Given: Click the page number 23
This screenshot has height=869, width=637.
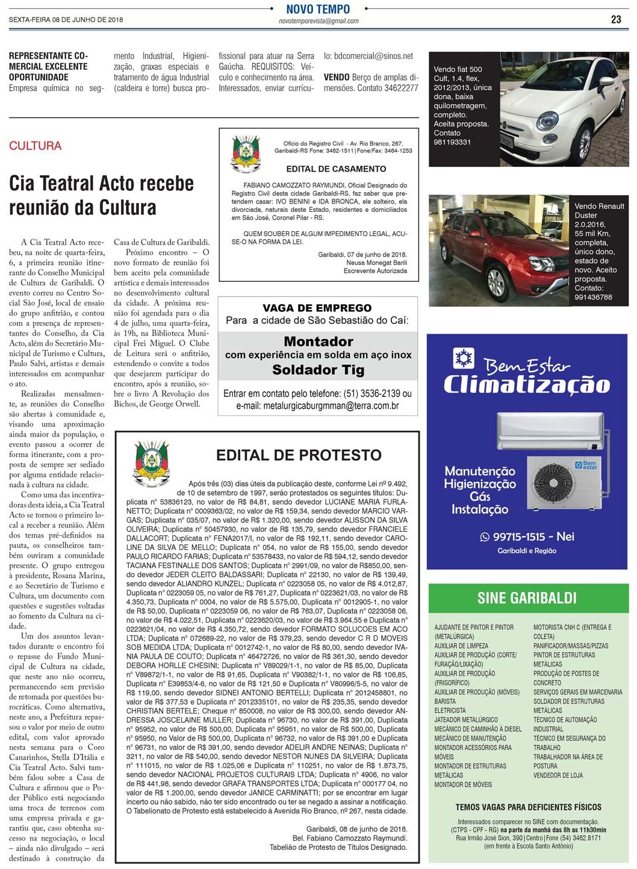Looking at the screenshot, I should coord(616,19).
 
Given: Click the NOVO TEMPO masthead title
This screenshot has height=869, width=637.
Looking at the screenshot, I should coord(318,9).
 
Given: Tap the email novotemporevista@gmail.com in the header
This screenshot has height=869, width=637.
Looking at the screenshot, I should coord(318,21).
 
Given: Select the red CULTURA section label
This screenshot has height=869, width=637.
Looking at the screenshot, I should coord(35,146).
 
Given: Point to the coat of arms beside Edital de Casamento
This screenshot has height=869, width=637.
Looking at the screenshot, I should coord(246,154).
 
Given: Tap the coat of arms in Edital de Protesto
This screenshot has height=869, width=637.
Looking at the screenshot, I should coord(152,463).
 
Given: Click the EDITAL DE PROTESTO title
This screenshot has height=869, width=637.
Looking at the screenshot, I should coord(299,455).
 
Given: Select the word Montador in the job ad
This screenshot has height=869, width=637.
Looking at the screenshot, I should coord(318,341).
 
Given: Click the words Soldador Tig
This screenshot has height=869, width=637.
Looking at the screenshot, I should coord(318,370).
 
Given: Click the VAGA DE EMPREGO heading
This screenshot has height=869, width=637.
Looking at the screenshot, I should coord(317,308).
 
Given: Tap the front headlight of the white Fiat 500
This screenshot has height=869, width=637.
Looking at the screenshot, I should coord(548,120).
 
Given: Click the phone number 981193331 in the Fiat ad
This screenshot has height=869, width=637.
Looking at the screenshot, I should coord(452,142).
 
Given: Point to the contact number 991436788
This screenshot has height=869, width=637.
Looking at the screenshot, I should coord(593,297).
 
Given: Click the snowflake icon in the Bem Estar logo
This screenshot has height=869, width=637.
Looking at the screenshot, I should coord(464,359).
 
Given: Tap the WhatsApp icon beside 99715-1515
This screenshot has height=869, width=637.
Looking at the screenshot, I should coord(485,537).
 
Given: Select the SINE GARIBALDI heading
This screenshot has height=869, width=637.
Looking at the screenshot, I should coord(527,598).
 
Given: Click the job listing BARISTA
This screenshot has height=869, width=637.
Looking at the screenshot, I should coord(445,702).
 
